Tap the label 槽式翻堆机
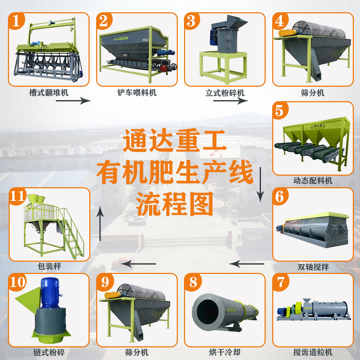pos(49,93)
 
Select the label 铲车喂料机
pos(137,93)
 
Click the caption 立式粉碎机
pos(225,93)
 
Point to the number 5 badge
pos(280,109)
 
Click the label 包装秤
pos(49,267)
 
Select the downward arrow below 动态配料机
pos(260,185)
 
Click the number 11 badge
pos(18,196)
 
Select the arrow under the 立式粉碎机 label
pos(230,101)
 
